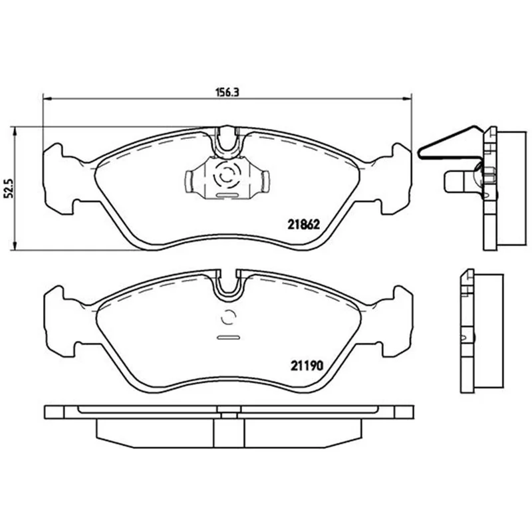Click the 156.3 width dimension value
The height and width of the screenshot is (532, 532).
(x=227, y=92)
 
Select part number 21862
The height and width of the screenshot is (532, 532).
(x=304, y=224)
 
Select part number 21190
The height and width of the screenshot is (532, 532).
(x=307, y=365)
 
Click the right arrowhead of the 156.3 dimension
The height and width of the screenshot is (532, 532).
(x=407, y=98)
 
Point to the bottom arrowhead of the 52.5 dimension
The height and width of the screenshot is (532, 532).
(x=14, y=246)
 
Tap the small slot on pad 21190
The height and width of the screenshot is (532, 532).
(x=228, y=338)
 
